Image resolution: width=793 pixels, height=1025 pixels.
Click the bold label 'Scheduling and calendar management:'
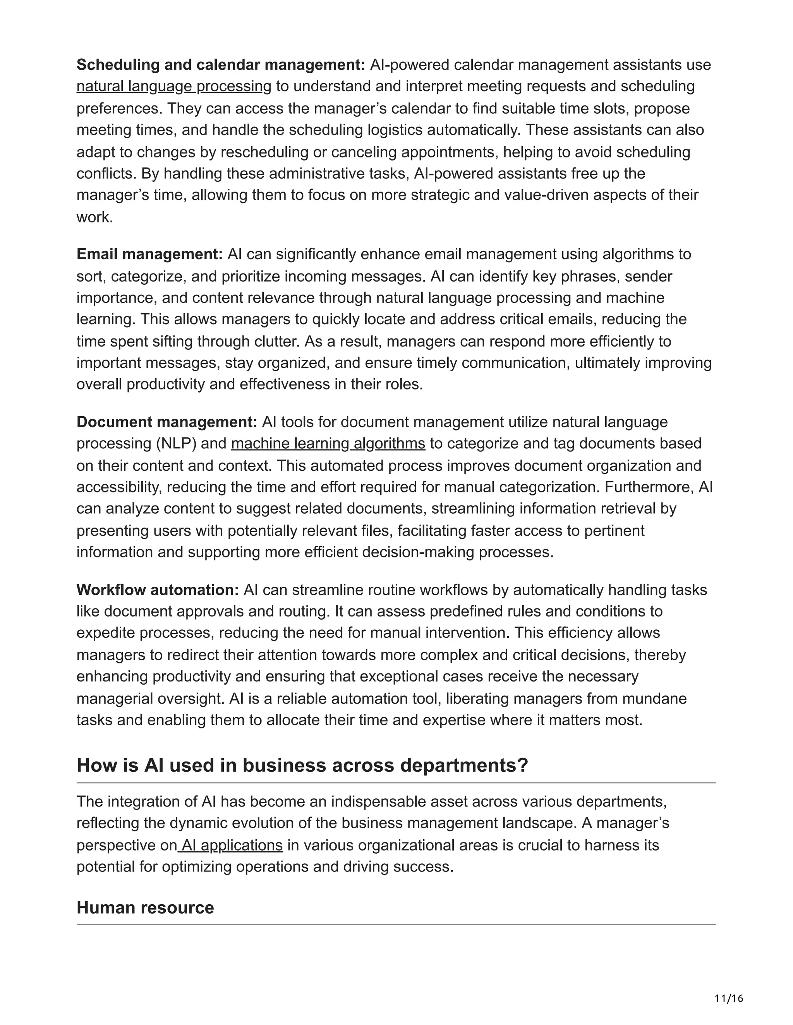click(x=220, y=65)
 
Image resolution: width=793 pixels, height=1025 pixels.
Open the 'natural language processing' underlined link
click(x=174, y=86)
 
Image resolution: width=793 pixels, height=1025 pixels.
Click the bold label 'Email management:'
click(x=149, y=255)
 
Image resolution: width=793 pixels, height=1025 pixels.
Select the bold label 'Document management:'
click(x=167, y=422)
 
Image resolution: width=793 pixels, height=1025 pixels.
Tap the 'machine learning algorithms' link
click(x=328, y=444)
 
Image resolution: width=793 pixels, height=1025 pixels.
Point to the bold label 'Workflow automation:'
click(x=158, y=590)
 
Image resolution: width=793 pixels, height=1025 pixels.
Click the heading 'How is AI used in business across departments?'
click(x=302, y=765)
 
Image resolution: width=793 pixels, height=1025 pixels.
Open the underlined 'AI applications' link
click(x=232, y=845)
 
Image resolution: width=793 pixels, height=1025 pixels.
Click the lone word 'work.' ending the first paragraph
click(x=95, y=217)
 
